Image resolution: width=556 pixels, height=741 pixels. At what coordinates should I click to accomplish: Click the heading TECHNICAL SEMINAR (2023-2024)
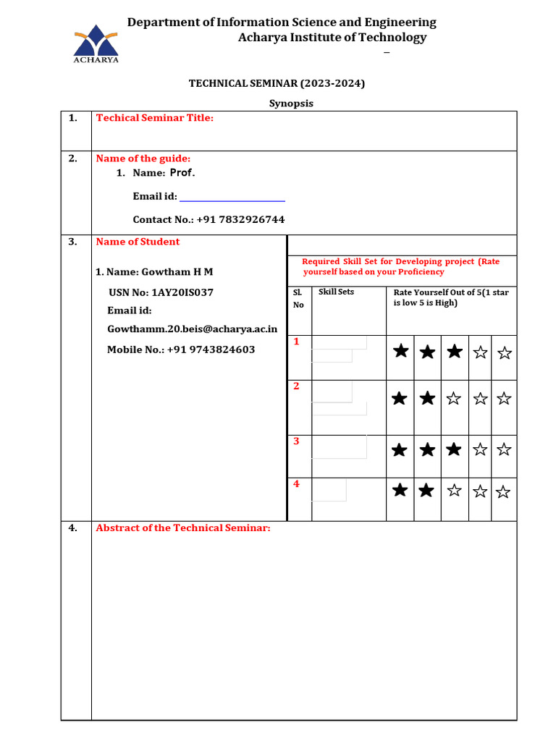click(277, 83)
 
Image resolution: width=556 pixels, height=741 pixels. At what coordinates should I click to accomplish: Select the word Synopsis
click(291, 103)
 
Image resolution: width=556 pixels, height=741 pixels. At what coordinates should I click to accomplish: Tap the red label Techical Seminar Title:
click(154, 118)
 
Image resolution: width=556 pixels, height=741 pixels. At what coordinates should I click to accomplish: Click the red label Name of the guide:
click(143, 158)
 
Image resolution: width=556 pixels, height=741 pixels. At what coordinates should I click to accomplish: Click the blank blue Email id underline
click(232, 199)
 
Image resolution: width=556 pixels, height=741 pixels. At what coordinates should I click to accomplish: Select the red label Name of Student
click(138, 242)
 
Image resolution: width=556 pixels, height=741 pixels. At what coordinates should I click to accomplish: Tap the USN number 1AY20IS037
click(182, 292)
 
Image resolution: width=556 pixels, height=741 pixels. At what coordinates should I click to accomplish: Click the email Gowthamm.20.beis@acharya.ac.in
click(192, 329)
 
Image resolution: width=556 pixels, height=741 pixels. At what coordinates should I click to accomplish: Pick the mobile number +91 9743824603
click(211, 350)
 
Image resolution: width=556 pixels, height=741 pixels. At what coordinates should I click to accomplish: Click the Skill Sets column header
click(336, 292)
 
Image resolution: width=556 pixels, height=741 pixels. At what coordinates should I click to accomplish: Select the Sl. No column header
click(298, 298)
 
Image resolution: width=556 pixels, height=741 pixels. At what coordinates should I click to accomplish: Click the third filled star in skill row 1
click(454, 352)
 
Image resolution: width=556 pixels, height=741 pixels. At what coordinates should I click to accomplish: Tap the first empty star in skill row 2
click(454, 398)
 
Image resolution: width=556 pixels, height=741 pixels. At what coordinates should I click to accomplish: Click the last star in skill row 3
click(504, 449)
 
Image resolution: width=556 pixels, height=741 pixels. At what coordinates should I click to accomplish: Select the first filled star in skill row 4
click(399, 491)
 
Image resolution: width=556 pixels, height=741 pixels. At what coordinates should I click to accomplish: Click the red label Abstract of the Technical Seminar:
click(182, 528)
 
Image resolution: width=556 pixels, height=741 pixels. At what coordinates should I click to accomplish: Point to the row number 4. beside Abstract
click(73, 528)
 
